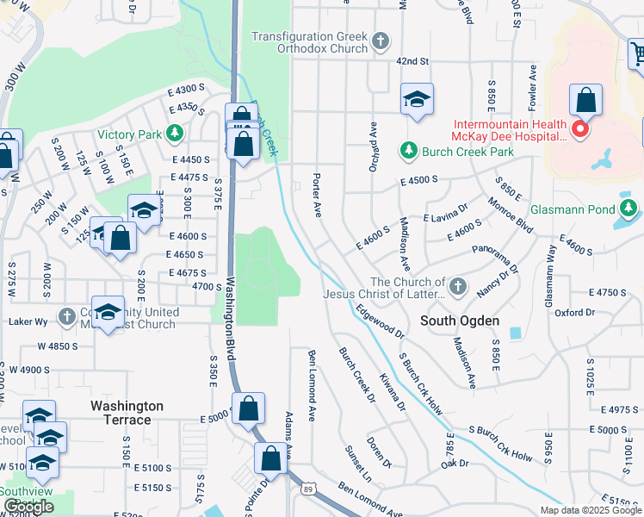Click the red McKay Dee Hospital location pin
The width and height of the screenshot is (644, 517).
pos(580,130)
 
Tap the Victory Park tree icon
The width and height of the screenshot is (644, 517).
pos(175,134)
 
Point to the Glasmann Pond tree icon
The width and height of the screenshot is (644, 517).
pos(629,208)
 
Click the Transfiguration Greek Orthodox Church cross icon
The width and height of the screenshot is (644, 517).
pos(380,40)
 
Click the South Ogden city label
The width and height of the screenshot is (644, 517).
pos(460,321)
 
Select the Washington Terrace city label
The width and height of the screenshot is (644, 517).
pos(127,413)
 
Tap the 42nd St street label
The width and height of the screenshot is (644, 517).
pos(412,61)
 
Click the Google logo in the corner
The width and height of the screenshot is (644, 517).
pos(28,508)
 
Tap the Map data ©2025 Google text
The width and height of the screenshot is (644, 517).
pos(591,510)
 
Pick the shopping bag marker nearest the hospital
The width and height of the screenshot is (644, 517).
pos(585,101)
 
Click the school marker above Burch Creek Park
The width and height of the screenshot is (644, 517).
pos(417,100)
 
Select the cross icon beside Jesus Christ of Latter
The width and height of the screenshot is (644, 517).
pos(457,285)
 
